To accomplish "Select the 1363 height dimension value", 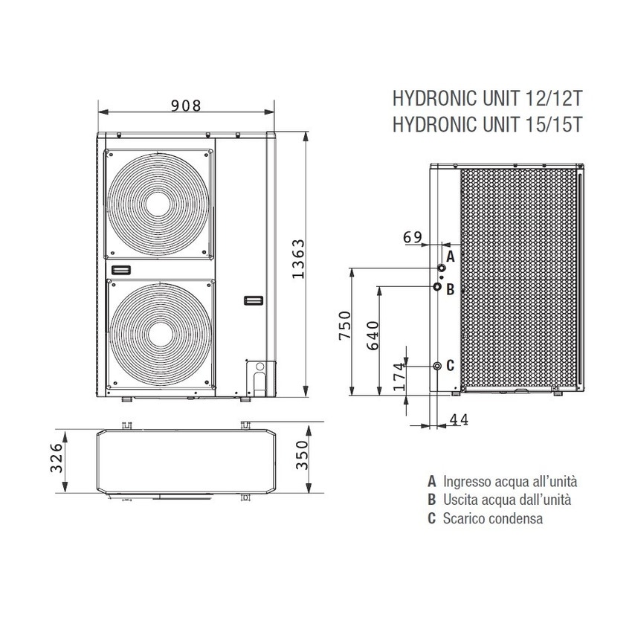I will pyautogui.click(x=297, y=259).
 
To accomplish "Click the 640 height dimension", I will pyautogui.click(x=373, y=335).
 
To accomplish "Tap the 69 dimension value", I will pyautogui.click(x=413, y=237).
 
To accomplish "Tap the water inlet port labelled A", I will pyautogui.click(x=441, y=267).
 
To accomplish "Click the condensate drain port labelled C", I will pyautogui.click(x=437, y=365).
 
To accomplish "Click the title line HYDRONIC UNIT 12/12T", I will pyautogui.click(x=486, y=100).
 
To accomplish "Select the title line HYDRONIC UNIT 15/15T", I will pyautogui.click(x=486, y=124).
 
